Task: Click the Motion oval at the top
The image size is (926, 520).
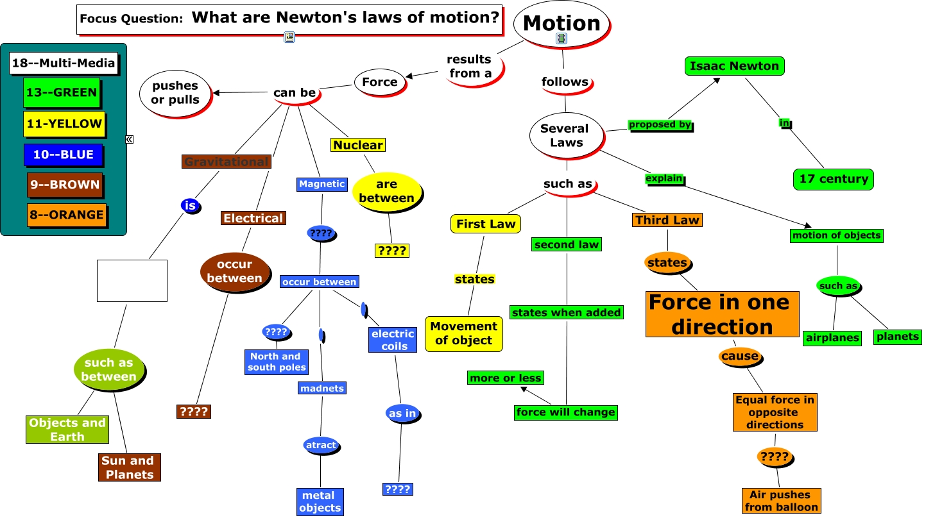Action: click(562, 23)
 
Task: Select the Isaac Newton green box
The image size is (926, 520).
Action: click(735, 66)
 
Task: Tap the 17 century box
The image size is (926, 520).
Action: click(834, 180)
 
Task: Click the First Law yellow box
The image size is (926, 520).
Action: click(486, 224)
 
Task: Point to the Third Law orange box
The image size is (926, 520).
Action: click(667, 220)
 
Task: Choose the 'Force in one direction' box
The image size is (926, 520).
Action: click(722, 314)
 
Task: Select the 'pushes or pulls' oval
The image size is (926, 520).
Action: click(175, 93)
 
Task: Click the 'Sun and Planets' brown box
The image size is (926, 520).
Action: click(130, 467)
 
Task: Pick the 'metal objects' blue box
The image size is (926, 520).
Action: click(320, 501)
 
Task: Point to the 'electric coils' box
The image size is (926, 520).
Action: click(393, 340)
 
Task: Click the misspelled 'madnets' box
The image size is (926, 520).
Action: click(322, 388)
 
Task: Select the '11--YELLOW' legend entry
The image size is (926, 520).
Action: click(64, 124)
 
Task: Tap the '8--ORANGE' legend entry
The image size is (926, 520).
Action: click(66, 215)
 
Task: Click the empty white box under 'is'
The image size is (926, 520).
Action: click(132, 281)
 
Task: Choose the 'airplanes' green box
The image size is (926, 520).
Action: click(832, 338)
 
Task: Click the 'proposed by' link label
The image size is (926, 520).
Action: click(660, 125)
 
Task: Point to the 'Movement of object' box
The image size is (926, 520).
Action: click(463, 333)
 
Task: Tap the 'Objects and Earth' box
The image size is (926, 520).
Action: click(67, 430)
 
